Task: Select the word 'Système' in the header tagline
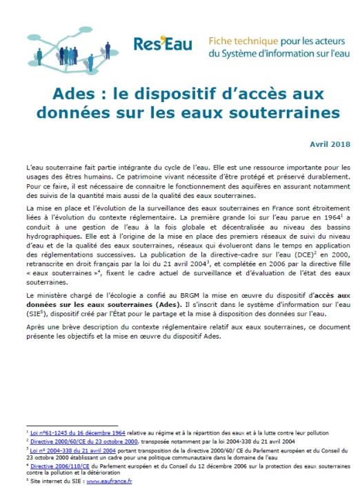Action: [241, 52]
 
